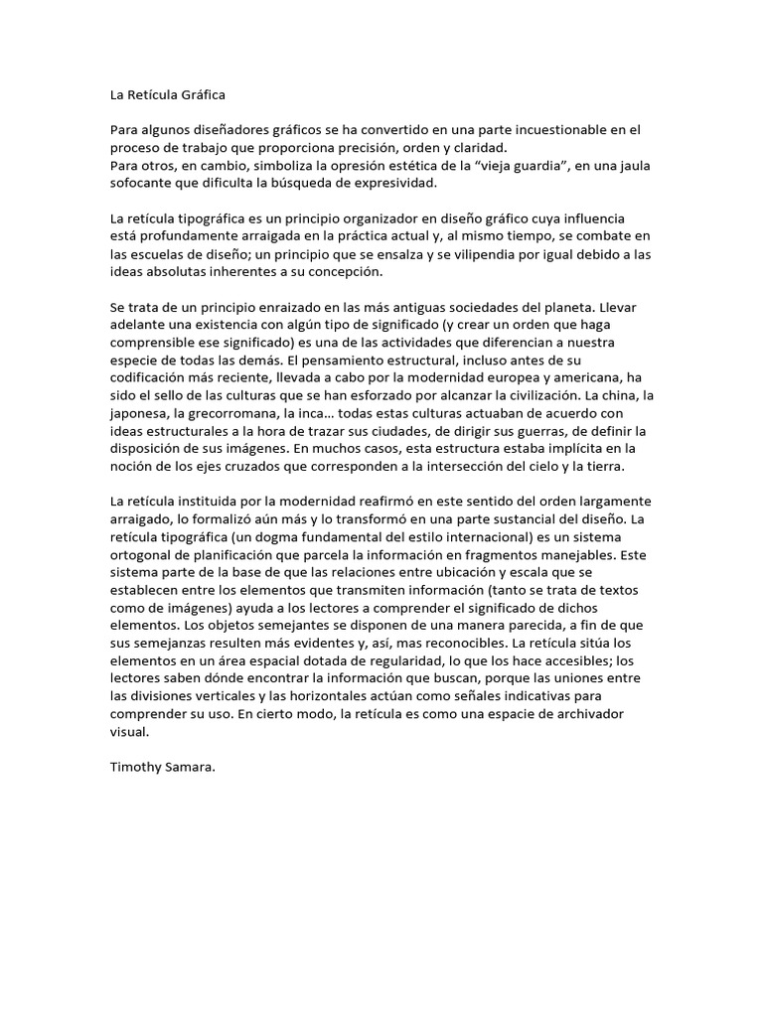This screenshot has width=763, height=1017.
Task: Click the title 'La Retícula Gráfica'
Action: tap(168, 95)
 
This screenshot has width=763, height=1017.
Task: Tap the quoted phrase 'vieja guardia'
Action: tap(506, 165)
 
